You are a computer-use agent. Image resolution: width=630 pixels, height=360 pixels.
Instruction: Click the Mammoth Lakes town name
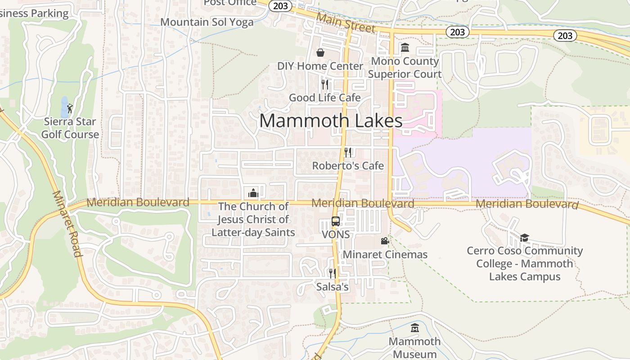click(331, 121)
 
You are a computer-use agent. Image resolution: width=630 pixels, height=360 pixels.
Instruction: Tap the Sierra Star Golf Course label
click(70, 128)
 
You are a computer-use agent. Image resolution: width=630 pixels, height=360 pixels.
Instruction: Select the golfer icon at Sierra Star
click(70, 108)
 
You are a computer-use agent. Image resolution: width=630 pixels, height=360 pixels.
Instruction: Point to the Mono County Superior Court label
click(405, 67)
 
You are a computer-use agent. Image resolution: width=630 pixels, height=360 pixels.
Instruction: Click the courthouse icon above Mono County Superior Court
click(405, 48)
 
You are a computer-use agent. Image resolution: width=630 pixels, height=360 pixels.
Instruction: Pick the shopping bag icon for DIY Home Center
click(320, 53)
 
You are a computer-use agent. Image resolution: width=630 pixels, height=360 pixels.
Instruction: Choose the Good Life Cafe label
click(324, 98)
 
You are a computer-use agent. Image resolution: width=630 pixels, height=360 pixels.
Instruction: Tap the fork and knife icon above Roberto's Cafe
click(347, 152)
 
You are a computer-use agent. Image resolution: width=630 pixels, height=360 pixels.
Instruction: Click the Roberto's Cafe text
click(348, 166)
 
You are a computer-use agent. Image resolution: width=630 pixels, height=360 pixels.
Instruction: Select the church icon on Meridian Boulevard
click(253, 193)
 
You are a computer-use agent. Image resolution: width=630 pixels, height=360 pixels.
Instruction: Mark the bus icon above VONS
click(336, 221)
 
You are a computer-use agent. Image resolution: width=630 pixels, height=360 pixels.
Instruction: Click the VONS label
click(336, 234)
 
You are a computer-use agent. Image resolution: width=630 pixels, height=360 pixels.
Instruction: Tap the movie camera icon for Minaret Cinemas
click(385, 241)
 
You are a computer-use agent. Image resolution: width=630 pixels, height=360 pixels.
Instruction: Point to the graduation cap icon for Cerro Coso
click(524, 238)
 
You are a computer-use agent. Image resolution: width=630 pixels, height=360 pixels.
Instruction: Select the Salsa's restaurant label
click(333, 287)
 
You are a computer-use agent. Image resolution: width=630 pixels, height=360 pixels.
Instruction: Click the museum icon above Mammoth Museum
click(414, 328)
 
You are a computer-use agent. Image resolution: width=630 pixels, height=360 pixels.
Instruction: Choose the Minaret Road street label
click(67, 224)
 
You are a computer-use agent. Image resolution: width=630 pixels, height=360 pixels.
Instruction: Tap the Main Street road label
click(346, 22)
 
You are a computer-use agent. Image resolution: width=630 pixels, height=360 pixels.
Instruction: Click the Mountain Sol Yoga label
click(207, 22)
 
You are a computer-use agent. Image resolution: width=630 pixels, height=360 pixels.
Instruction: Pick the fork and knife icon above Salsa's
click(333, 273)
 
